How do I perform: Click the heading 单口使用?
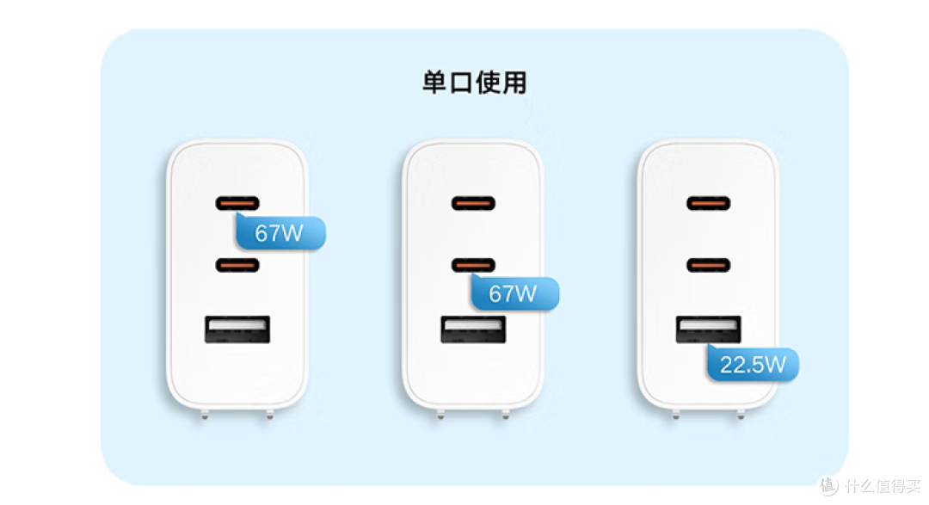pyautogui.click(x=474, y=83)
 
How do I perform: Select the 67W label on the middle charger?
pyautogui.click(x=514, y=293)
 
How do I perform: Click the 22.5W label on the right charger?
pyautogui.click(x=753, y=364)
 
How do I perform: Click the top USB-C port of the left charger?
pyautogui.click(x=237, y=204)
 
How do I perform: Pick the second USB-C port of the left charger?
pyautogui.click(x=237, y=265)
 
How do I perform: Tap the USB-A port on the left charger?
pyautogui.click(x=237, y=330)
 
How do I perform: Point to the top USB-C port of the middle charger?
pyautogui.click(x=473, y=204)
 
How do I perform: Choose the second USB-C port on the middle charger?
pyautogui.click(x=473, y=265)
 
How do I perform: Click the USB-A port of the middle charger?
pyautogui.click(x=473, y=330)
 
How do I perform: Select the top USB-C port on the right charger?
pyautogui.click(x=708, y=204)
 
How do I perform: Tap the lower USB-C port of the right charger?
pyautogui.click(x=708, y=265)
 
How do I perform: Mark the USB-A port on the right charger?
pyautogui.click(x=708, y=330)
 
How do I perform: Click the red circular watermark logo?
pyautogui.click(x=827, y=486)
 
